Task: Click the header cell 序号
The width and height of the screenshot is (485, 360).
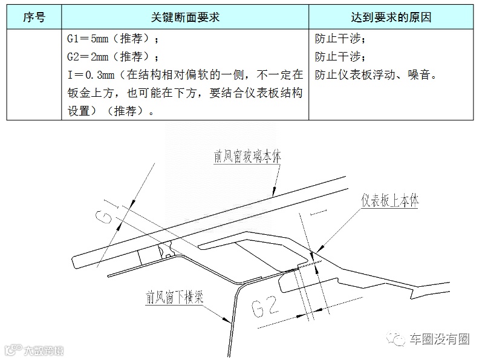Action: pos(34,17)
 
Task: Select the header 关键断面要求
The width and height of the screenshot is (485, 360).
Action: pos(184,17)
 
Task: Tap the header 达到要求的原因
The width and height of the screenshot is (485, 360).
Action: pos(391,17)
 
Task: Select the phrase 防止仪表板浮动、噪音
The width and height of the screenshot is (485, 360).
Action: pos(376,76)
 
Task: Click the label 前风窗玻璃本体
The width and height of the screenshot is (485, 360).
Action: pos(247,157)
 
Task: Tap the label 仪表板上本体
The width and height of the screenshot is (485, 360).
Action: pos(390,201)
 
